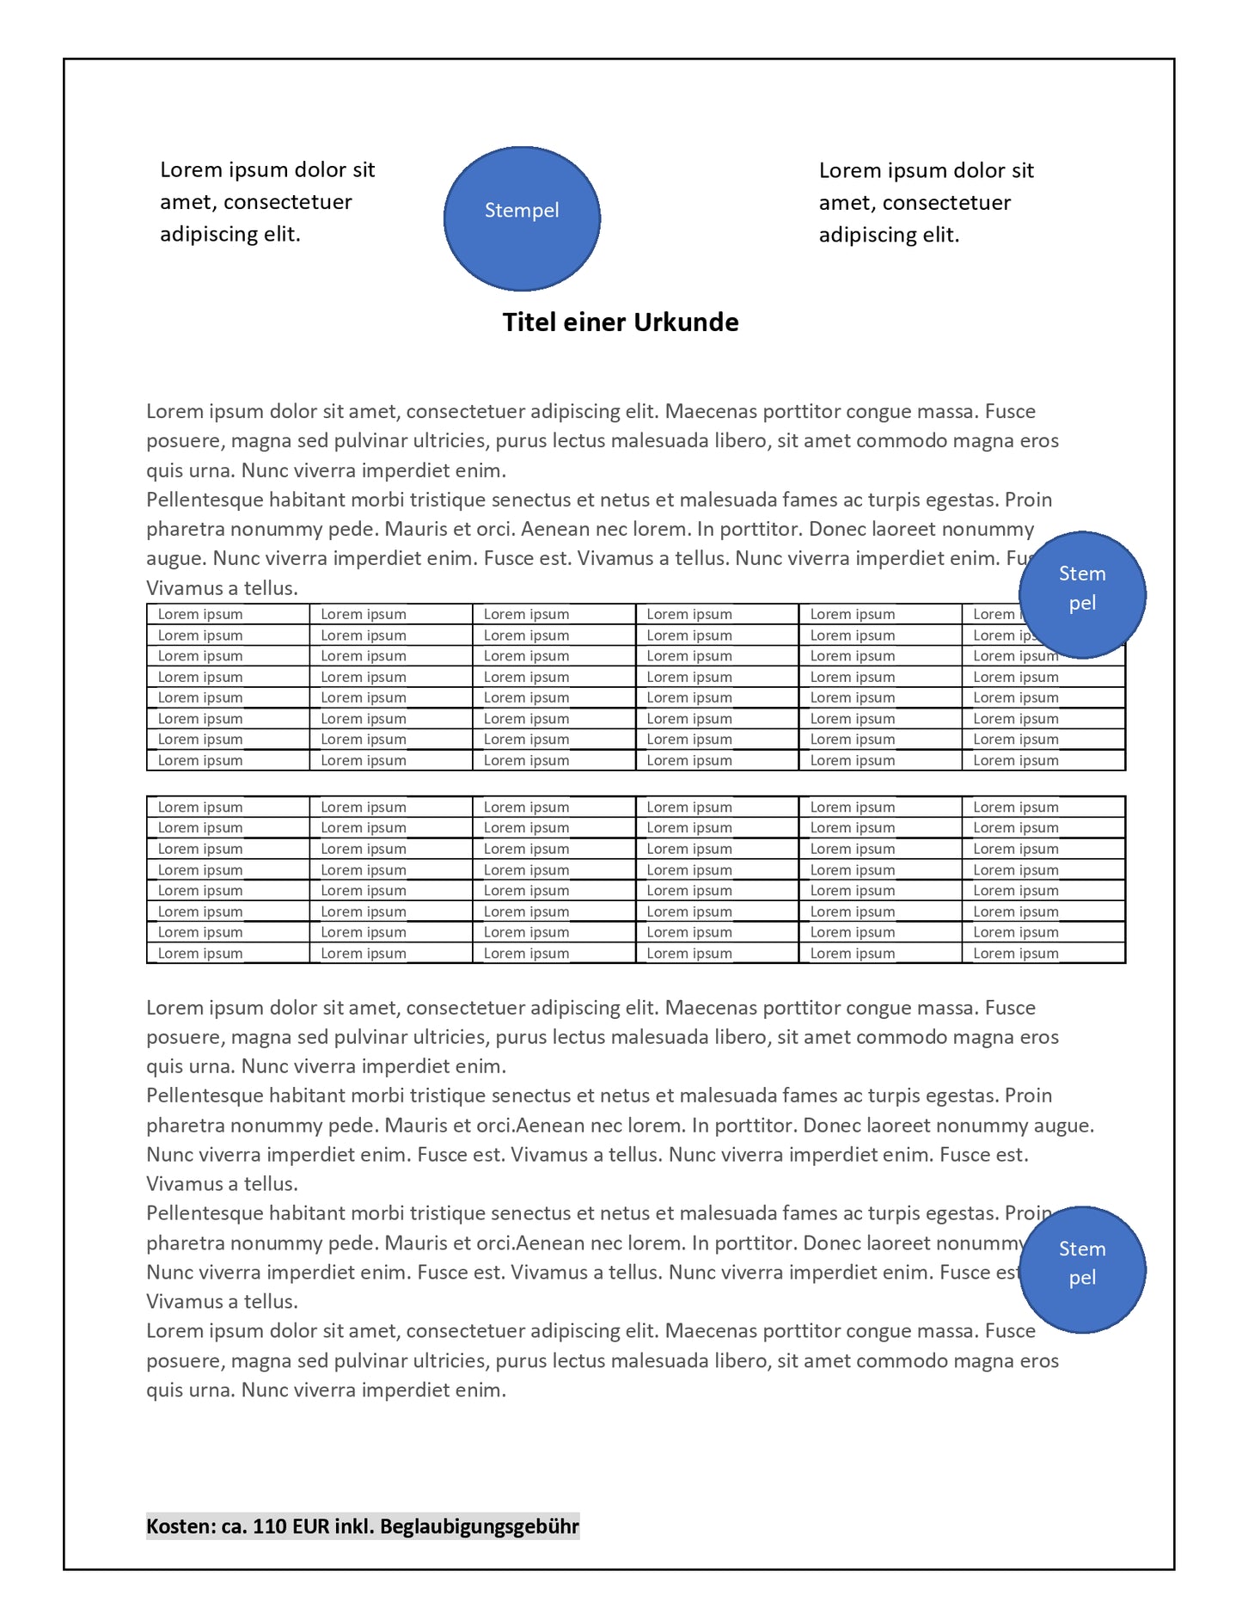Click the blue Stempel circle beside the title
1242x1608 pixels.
[522, 218]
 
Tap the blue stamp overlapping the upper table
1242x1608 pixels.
[1082, 595]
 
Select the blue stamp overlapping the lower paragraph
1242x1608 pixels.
[1082, 1270]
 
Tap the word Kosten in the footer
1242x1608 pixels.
[179, 1526]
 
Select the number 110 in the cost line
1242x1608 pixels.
[270, 1526]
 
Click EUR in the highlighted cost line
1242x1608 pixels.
[310, 1526]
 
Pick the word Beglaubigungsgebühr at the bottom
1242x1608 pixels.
[479, 1526]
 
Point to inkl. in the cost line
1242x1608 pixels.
[353, 1526]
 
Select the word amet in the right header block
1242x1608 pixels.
[846, 203]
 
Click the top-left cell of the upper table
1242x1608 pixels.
[228, 614]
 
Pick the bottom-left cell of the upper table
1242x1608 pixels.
[228, 760]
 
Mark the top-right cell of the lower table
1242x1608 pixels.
[1043, 807]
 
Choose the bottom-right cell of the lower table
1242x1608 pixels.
[1043, 953]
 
